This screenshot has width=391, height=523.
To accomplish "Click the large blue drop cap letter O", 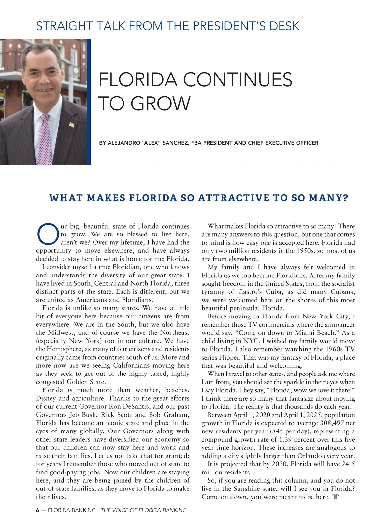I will (x=48, y=234).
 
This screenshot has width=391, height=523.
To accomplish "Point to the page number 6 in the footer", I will (x=37, y=510).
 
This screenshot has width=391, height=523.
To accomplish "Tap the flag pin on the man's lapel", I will (x=72, y=124).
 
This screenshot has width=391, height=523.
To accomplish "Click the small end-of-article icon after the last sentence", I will (x=336, y=497).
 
